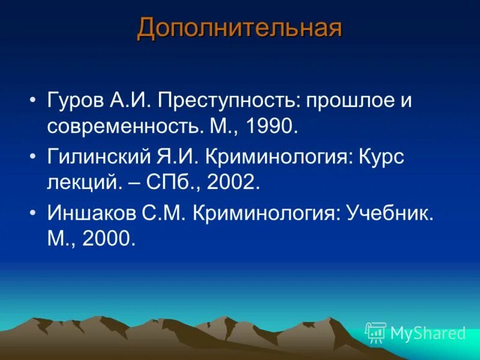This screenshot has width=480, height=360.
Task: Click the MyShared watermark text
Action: tap(428, 333)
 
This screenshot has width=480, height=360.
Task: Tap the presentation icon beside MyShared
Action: tap(376, 332)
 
